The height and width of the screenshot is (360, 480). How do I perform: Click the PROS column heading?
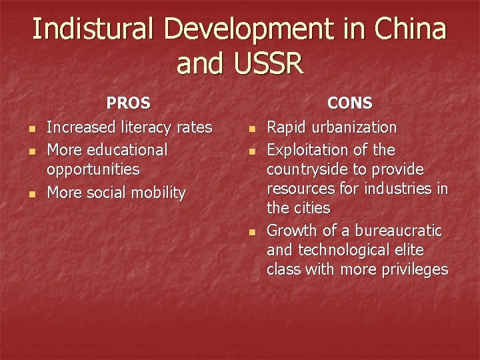129,103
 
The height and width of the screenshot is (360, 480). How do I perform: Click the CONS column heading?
350,103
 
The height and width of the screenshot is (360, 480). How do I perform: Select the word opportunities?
93,170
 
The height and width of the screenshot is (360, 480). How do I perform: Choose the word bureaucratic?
398,231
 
